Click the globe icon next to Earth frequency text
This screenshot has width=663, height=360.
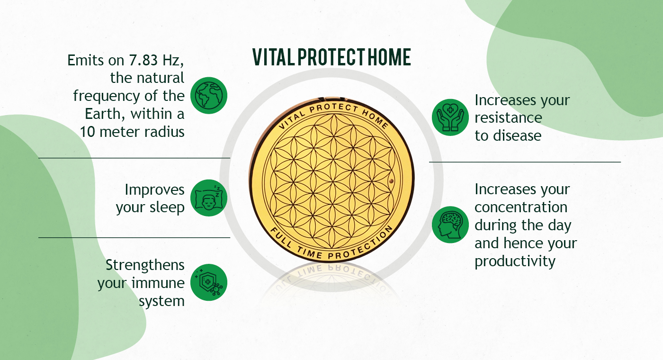[x=209, y=96]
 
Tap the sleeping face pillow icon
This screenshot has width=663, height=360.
[x=209, y=198]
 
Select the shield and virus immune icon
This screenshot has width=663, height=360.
[x=209, y=282]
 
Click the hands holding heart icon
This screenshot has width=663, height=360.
[x=450, y=117]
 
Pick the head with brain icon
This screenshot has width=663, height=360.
[x=450, y=225]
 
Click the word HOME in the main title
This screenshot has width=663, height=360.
[x=389, y=57]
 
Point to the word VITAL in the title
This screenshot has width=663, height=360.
[x=273, y=57]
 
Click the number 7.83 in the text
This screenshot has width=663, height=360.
[x=143, y=60]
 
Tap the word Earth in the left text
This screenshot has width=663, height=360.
[x=103, y=114]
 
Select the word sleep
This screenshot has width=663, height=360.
[x=167, y=208]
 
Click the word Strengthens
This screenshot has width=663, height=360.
[x=145, y=265]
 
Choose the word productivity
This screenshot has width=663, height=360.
[x=515, y=261]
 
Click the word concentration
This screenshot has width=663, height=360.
[x=521, y=207]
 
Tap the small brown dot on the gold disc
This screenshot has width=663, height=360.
[x=391, y=181]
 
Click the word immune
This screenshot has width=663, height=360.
[x=158, y=283]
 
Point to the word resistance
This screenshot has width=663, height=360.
[x=508, y=118]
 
